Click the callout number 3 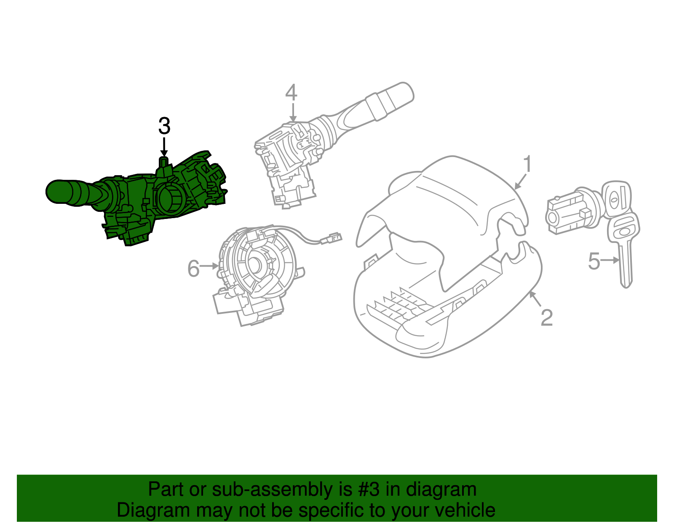pos(164,126)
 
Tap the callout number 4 pos(291,92)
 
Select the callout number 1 pos(527,164)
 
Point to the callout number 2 pos(546,318)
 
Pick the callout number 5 pos(594,261)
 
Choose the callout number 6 pos(193,268)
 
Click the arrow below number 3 pos(164,147)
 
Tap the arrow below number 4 pos(293,112)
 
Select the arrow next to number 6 pos(209,266)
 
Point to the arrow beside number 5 pos(610,260)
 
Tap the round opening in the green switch pos(169,199)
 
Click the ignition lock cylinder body pos(571,212)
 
